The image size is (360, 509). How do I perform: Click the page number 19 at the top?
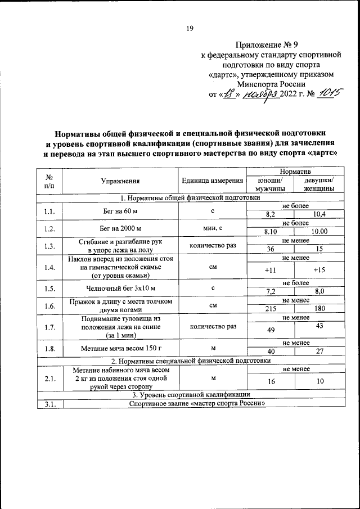coord(190,29)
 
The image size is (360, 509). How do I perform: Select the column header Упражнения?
coord(120,181)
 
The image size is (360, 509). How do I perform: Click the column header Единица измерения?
coord(213,181)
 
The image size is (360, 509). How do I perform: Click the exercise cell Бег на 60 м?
coord(120,210)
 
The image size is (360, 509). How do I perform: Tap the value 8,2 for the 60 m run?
coord(271,215)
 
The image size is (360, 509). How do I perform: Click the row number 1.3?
coord(49,246)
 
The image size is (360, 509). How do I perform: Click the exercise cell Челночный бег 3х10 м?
coord(120,289)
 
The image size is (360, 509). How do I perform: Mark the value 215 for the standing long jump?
coord(271,309)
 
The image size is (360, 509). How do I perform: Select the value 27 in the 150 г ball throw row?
coord(319,352)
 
